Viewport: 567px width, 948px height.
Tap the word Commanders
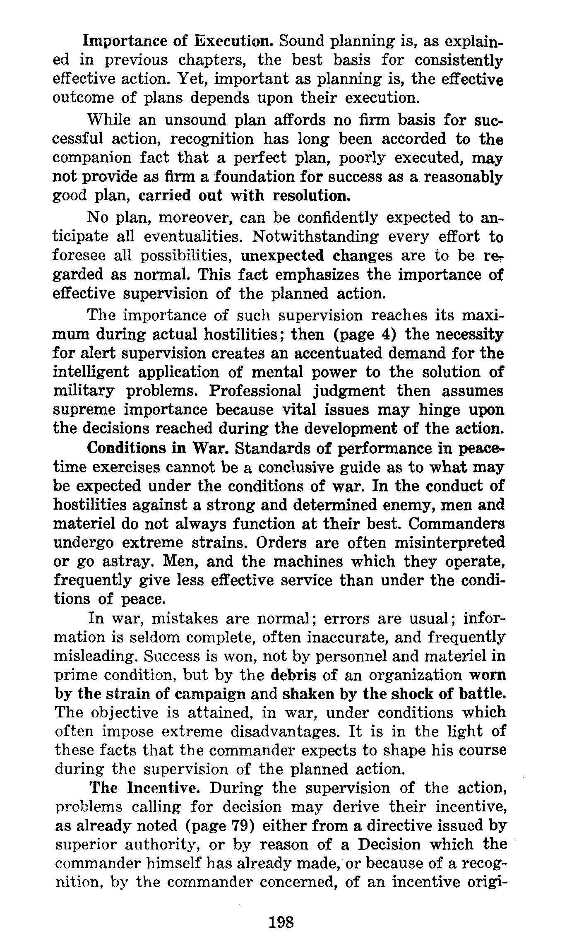(456, 524)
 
